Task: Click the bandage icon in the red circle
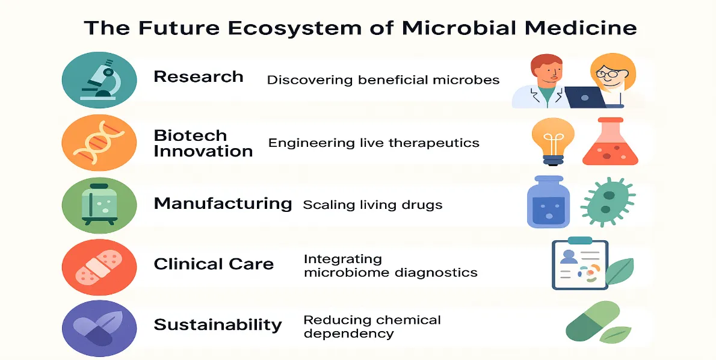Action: pos(99,267)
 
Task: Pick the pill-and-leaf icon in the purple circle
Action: pos(98,329)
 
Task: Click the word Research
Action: pos(198,76)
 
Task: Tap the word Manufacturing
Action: pos(223,203)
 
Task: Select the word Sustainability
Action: pos(218,325)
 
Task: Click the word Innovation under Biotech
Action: pos(203,151)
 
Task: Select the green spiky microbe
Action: pos(607,202)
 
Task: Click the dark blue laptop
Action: pos(585,97)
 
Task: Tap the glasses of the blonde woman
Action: pos(606,73)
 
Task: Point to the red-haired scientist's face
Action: pos(549,73)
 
